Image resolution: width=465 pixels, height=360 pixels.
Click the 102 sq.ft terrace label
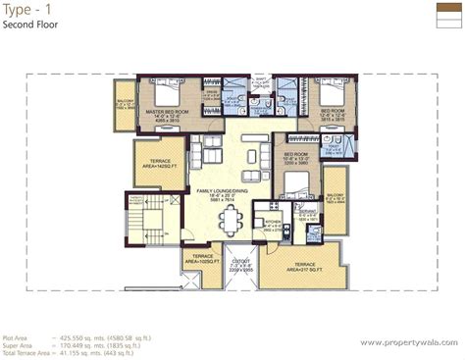click(x=202, y=261)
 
